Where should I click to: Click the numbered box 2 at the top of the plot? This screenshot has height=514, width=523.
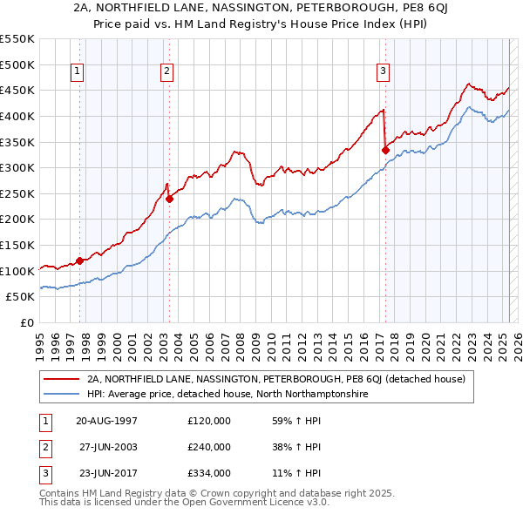(166, 71)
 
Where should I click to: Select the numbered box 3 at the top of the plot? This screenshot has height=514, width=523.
(383, 71)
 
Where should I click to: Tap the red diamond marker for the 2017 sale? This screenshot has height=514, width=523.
(385, 149)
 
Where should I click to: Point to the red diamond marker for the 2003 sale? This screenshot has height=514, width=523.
(169, 198)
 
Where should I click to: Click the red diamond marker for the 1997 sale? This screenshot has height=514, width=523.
(79, 260)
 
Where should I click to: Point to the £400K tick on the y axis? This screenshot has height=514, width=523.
(18, 116)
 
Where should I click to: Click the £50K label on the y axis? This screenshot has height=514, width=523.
(22, 297)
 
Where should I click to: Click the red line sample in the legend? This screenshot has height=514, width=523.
(61, 379)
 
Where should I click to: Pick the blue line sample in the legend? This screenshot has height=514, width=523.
(61, 394)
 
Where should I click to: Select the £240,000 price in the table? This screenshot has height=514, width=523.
(209, 447)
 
